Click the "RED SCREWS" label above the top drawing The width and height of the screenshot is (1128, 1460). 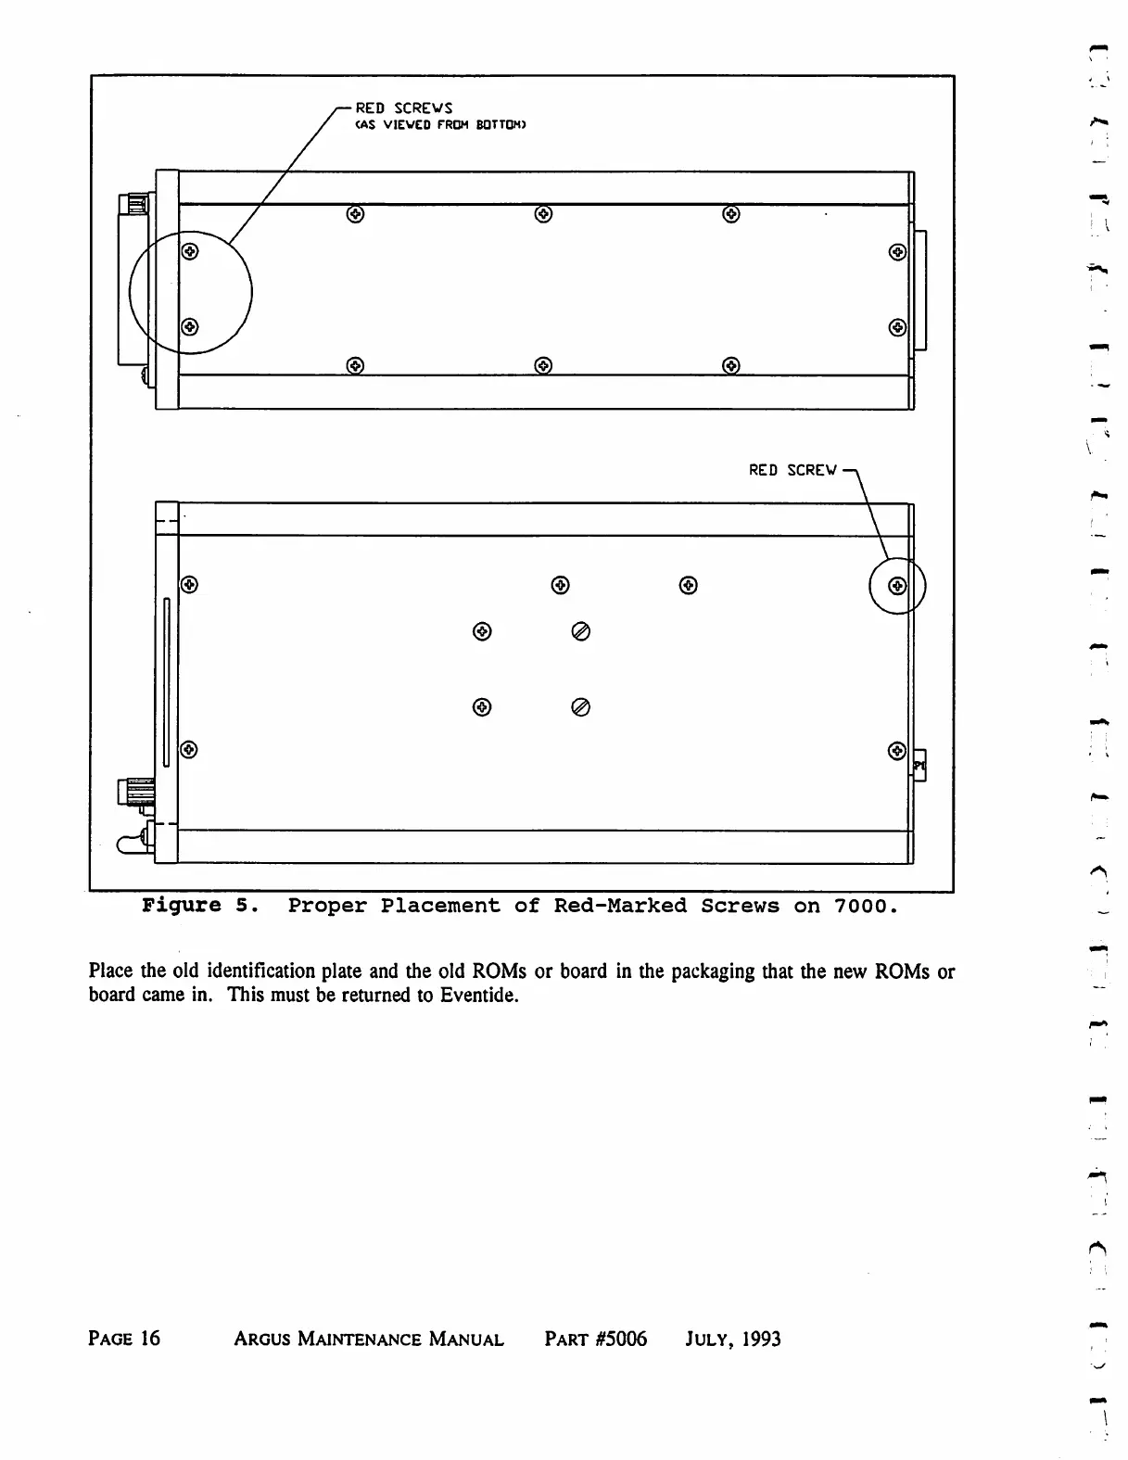(404, 109)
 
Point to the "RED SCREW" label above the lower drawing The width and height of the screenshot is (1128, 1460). (792, 470)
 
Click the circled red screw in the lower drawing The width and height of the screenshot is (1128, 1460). (896, 586)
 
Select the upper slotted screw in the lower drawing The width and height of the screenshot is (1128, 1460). (581, 632)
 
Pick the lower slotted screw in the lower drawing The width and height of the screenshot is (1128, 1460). (581, 708)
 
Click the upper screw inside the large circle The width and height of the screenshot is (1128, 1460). (189, 251)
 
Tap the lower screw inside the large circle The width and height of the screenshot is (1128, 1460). (189, 326)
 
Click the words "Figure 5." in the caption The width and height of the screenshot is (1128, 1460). (194, 906)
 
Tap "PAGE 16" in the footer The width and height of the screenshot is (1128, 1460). (124, 1339)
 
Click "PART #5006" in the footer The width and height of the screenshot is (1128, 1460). (596, 1339)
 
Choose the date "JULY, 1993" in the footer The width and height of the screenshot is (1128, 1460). (733, 1339)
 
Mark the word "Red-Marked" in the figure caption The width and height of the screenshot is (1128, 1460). (620, 906)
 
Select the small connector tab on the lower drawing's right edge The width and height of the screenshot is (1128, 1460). (919, 766)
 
